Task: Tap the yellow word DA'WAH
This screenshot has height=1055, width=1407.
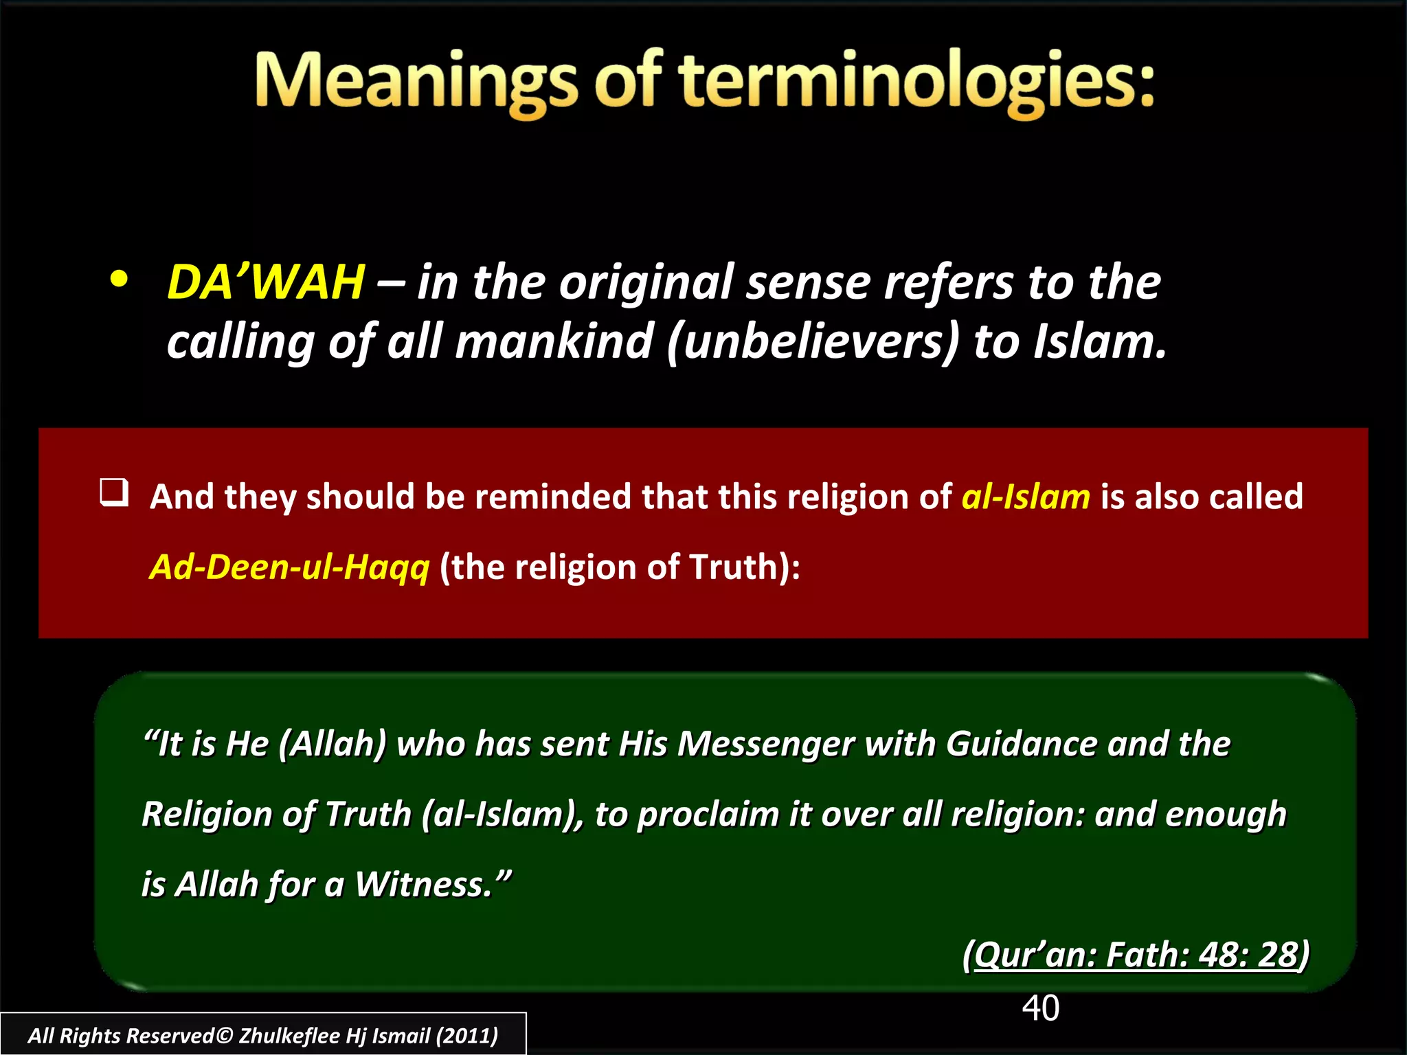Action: click(266, 282)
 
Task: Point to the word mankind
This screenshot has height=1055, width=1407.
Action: click(554, 341)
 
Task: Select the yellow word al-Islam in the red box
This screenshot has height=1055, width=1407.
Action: click(1025, 497)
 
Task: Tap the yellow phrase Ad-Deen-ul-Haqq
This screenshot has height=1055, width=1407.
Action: click(289, 567)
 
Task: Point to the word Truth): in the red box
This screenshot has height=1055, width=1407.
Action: click(745, 567)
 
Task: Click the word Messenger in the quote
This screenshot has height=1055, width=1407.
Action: click(765, 744)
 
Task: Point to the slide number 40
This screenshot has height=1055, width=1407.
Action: click(1040, 1008)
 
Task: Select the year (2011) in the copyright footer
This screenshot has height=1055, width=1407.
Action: click(467, 1036)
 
